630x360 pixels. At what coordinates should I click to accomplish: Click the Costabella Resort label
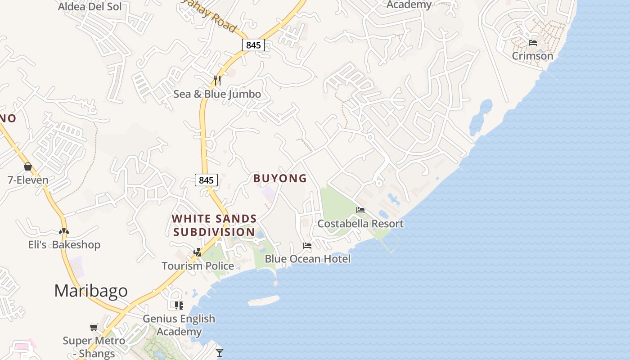click(360, 224)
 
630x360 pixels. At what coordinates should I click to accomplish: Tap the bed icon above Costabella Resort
click(360, 210)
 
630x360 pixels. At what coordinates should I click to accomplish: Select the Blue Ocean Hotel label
click(307, 259)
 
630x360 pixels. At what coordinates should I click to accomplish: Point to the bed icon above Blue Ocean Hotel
click(307, 246)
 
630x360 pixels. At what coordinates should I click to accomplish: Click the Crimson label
click(532, 56)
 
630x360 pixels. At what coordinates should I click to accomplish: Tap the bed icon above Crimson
click(533, 43)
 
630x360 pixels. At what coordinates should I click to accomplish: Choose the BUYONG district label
click(280, 179)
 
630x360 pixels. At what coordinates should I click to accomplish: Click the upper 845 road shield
click(253, 45)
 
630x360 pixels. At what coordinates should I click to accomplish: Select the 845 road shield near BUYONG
click(206, 180)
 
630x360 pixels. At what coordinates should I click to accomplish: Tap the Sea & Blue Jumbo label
click(217, 94)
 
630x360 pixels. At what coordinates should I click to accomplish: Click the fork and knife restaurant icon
click(217, 81)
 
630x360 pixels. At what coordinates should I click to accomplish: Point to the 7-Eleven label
click(28, 180)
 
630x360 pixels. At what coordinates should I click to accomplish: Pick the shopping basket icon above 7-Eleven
click(28, 167)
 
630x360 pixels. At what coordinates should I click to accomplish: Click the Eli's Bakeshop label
click(64, 245)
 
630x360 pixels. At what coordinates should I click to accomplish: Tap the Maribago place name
click(91, 291)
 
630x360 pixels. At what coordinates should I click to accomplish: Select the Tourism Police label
click(198, 266)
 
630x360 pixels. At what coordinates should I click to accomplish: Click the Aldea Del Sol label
click(90, 7)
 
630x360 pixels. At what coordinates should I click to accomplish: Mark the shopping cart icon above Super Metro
click(94, 328)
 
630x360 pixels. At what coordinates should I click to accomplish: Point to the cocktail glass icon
click(220, 352)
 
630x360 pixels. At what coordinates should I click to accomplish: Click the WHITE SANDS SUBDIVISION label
click(214, 225)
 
